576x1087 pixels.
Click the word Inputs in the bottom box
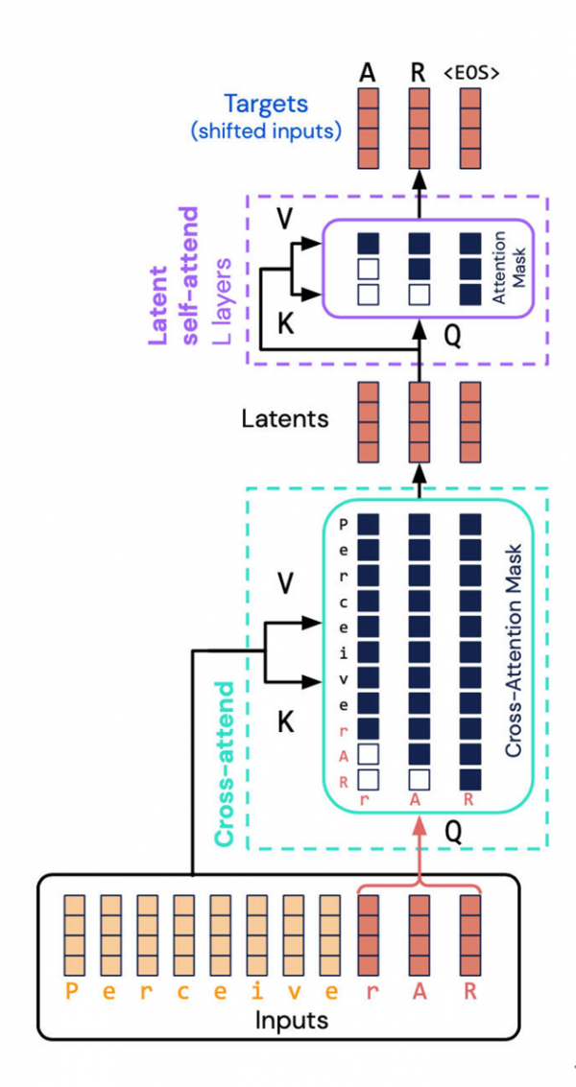click(291, 1019)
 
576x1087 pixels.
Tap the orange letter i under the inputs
click(256, 990)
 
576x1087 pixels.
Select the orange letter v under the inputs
click(293, 990)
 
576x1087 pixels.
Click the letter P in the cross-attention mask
click(341, 525)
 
